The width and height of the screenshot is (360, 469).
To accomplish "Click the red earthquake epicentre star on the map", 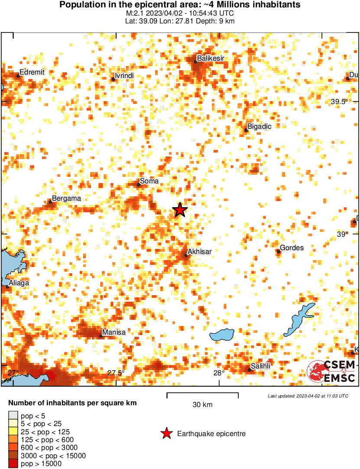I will click(180, 210).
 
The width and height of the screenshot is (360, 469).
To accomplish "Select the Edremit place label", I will click(32, 72).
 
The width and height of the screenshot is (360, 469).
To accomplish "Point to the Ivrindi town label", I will click(124, 76).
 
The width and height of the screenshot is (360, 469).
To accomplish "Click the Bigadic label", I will click(259, 127).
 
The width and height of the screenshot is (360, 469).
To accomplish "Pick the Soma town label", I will click(149, 181).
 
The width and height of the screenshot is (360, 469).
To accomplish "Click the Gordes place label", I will click(292, 248).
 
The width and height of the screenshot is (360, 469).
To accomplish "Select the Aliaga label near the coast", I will click(19, 283).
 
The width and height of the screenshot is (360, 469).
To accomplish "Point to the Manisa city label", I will click(114, 332).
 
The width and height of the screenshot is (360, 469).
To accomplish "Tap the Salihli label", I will click(261, 366).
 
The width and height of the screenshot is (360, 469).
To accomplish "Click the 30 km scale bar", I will click(202, 394).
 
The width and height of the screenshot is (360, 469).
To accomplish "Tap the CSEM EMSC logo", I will click(331, 371).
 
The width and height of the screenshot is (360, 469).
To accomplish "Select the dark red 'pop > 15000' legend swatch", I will click(13, 463).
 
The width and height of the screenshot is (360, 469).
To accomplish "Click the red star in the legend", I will click(166, 433).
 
